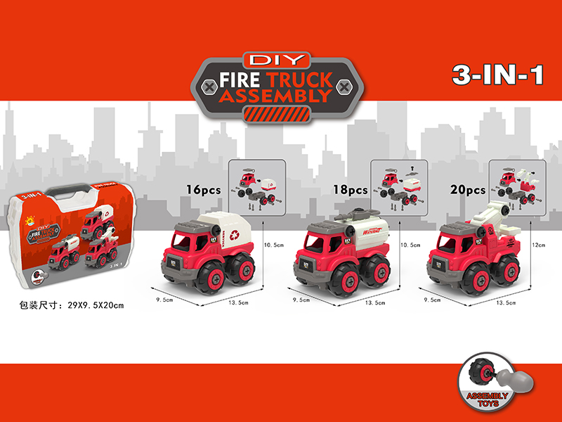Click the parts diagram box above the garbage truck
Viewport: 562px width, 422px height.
[x=258, y=185]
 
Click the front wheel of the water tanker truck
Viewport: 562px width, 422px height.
[x=330, y=276]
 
